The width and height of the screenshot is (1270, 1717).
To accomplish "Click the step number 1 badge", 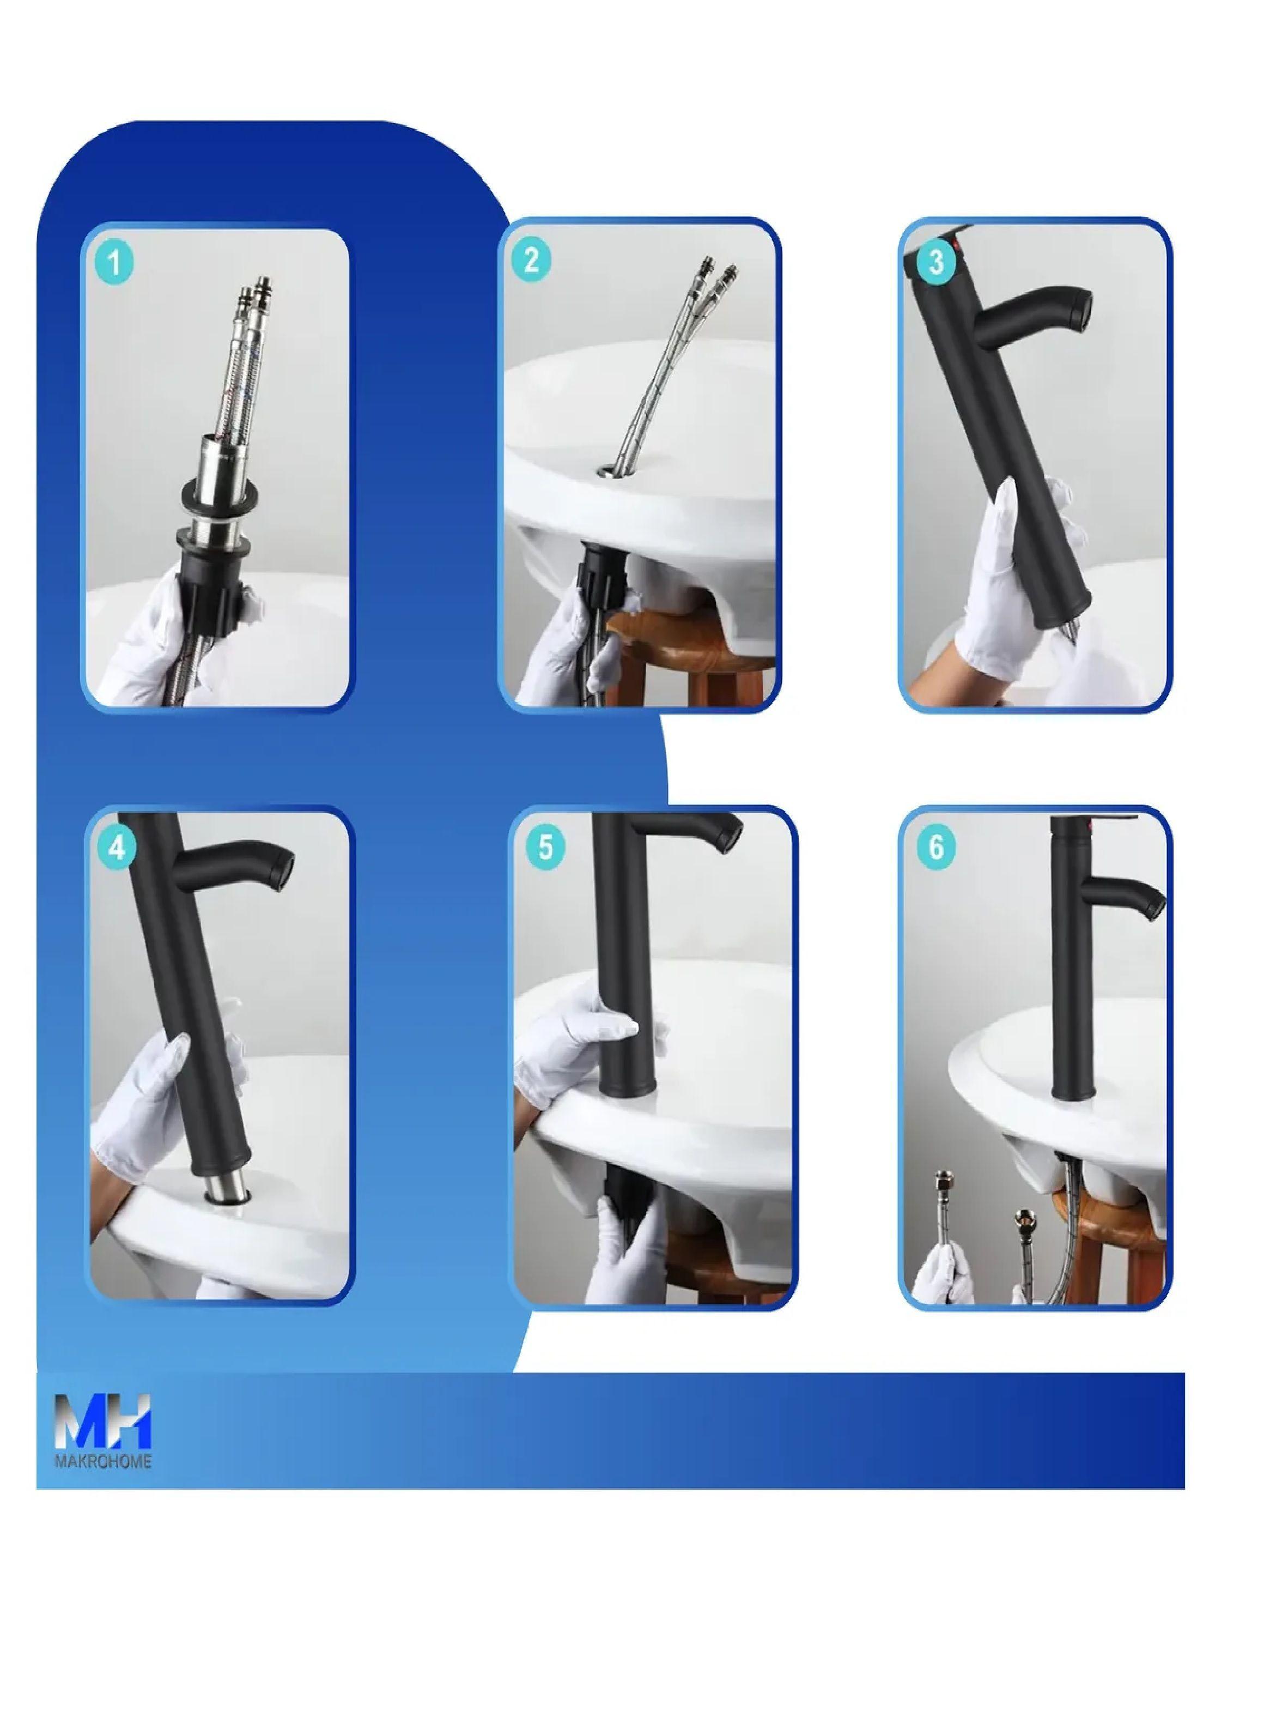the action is pos(114,264).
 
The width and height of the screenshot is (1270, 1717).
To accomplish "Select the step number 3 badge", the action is pos(935,262).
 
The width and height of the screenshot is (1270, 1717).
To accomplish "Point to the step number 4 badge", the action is pos(117,848).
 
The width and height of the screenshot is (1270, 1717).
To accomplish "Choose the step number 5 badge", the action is pos(545,848).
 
